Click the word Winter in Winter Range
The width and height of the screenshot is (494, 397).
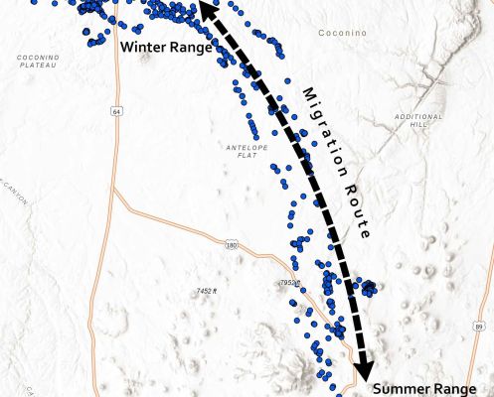141,47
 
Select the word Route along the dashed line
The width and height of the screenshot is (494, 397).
357,216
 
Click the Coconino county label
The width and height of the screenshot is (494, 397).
342,33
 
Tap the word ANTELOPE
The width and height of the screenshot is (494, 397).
242,146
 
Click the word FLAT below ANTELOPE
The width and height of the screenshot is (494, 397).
242,155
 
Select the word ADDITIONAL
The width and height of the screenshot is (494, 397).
418,116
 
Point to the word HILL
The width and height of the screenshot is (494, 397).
418,125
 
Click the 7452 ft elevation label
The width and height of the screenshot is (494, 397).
206,290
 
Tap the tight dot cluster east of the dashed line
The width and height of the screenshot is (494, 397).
368,288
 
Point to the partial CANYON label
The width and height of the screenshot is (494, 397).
12,191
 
